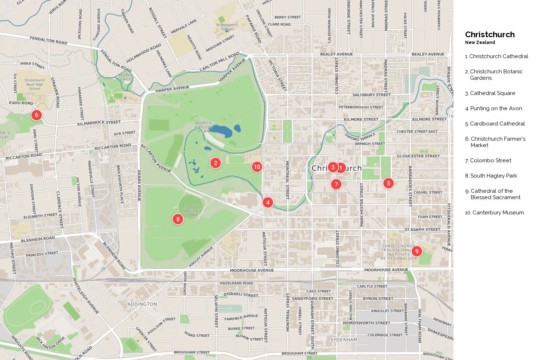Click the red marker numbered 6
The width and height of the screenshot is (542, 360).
[36, 115]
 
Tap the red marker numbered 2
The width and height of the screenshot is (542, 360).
[215, 163]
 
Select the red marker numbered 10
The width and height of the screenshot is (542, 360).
[257, 167]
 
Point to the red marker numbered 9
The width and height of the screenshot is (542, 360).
[417, 251]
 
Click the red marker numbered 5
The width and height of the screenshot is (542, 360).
[388, 183]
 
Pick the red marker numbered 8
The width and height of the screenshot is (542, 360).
[178, 219]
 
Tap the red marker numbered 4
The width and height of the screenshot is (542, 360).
[268, 202]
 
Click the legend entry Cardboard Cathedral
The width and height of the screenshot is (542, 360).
[497, 124]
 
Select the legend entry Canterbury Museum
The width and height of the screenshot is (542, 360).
[498, 213]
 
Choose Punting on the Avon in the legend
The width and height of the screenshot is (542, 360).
[496, 108]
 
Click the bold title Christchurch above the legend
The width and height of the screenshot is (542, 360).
[490, 34]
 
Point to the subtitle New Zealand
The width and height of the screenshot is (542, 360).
[480, 43]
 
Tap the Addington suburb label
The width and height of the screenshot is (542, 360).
[142, 304]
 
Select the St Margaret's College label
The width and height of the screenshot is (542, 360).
[227, 27]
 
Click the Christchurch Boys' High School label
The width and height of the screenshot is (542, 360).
[35, 84]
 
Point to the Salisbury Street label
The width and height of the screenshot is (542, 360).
[371, 95]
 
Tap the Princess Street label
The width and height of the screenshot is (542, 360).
[42, 254]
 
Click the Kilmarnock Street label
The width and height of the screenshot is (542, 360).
[99, 123]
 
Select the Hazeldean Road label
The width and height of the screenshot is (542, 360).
[236, 283]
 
